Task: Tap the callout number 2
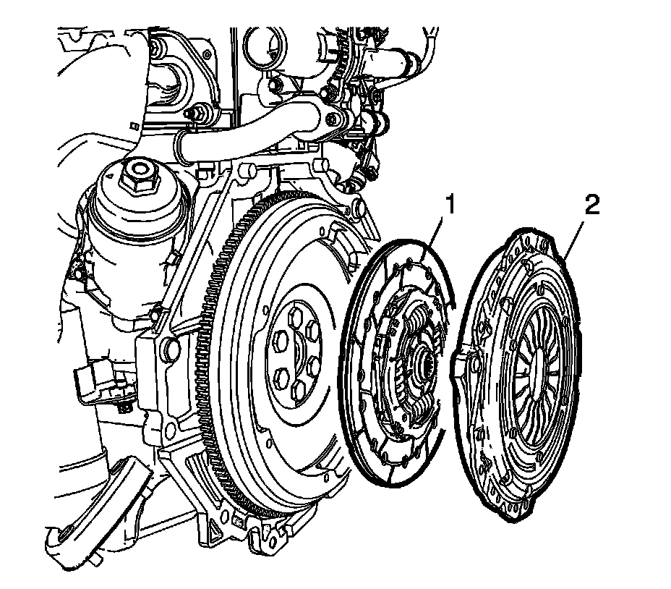point(591,205)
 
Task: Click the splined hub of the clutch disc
point(422,359)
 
